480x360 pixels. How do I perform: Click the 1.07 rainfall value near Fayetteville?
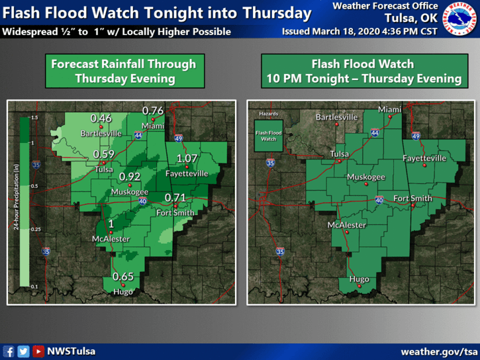[187, 158]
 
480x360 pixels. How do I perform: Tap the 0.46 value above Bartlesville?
[101, 118]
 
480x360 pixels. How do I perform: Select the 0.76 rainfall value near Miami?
[153, 111]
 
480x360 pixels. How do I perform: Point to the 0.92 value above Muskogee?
[129, 177]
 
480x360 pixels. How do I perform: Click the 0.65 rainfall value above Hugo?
[122, 276]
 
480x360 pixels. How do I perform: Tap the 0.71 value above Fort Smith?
[175, 197]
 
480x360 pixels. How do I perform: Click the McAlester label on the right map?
[347, 225]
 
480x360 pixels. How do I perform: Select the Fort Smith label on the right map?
[412, 199]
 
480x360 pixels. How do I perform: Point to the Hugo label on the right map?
[359, 279]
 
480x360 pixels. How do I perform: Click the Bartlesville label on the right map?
[336, 117]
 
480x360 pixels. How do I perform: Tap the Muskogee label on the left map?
[129, 191]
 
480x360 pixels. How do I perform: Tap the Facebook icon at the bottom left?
[9, 351]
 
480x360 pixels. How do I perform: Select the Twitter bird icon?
[23, 351]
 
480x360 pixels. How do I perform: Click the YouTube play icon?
[38, 351]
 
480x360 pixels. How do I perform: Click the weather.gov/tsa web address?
[438, 351]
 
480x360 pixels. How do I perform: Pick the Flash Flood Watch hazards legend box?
[268, 136]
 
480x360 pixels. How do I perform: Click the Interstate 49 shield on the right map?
[416, 136]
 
